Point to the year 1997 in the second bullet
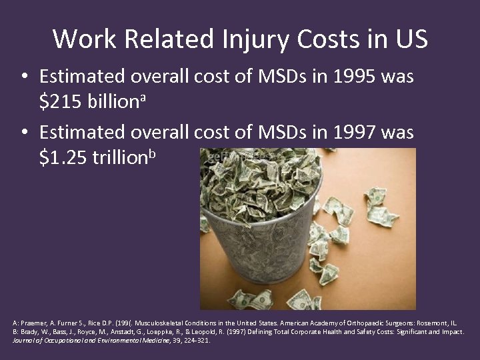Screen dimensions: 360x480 click(355, 133)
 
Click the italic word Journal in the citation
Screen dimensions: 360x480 click(25, 340)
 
